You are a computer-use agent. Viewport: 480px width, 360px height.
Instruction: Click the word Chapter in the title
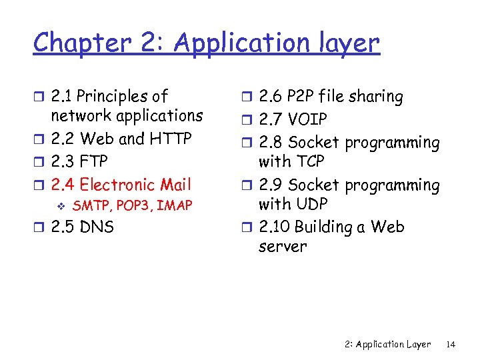pos(81,43)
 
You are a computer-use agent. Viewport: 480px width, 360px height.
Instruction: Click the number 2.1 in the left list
pos(63,97)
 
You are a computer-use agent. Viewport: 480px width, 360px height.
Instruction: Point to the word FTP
pos(93,162)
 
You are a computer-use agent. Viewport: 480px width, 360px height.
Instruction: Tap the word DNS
pos(97,227)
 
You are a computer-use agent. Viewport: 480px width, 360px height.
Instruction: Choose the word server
pos(283,247)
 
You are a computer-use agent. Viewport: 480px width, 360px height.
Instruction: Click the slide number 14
pos(451,345)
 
